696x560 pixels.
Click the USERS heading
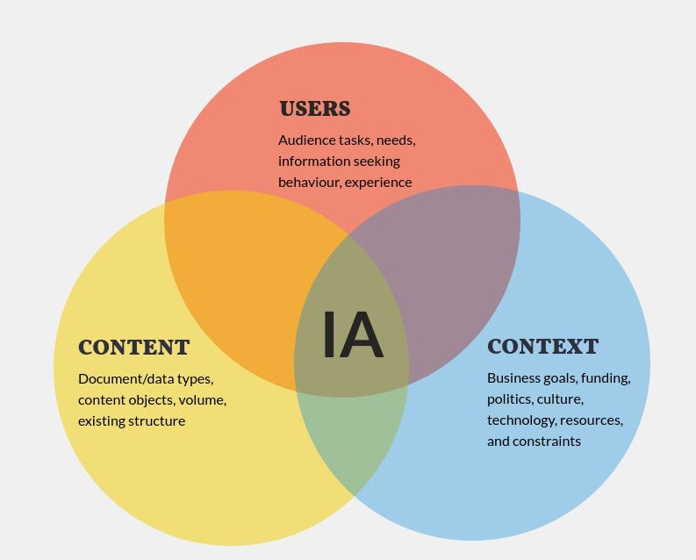(x=315, y=109)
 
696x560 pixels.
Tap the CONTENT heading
(x=134, y=347)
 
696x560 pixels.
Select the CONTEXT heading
(x=543, y=347)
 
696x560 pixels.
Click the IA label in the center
(x=353, y=334)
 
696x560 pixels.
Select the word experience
(x=378, y=183)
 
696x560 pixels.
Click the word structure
(x=157, y=421)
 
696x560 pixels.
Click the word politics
(x=510, y=399)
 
